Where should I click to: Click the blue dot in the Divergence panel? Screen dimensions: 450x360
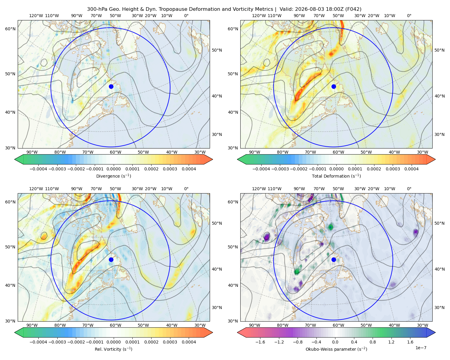111,86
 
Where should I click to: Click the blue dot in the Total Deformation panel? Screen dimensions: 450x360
334,86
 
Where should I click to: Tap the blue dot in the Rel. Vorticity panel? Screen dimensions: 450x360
111,259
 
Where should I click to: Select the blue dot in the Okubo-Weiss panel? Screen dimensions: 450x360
334,259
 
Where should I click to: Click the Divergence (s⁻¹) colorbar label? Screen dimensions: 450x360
113,176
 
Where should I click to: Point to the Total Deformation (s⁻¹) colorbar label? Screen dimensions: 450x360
336,176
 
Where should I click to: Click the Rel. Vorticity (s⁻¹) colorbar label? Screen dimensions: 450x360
113,349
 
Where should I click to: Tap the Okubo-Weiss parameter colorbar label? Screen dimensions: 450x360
336,349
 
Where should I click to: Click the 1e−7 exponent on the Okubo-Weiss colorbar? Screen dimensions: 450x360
421,348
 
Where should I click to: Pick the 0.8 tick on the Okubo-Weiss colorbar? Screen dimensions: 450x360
373,342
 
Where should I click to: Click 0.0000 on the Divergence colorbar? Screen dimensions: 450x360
113,169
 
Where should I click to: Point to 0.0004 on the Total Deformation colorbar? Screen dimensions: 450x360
411,169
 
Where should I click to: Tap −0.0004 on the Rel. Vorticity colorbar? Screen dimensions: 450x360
38,342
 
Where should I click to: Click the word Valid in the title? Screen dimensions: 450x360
286,9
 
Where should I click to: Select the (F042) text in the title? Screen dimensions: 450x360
353,9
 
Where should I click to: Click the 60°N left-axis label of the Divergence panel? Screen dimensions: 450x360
10,29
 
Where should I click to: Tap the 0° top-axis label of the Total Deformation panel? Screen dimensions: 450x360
409,16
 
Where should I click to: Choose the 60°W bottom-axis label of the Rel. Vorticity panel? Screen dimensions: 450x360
115,325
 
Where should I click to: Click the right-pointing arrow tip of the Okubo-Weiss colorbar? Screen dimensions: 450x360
435,332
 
